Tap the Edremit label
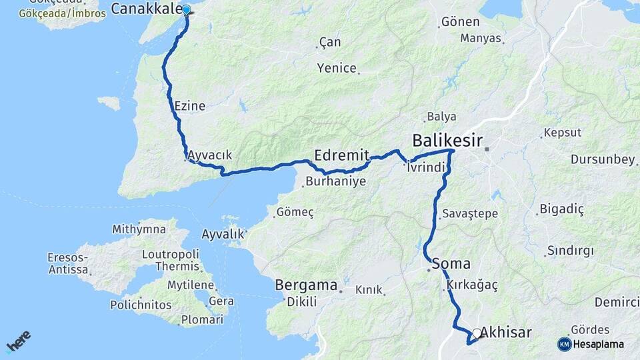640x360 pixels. [341, 154]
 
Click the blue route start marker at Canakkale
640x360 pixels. [187, 10]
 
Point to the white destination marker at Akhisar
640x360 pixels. [477, 333]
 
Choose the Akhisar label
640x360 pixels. [506, 332]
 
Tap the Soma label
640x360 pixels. [451, 263]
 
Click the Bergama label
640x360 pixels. [306, 285]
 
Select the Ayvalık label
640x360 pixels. [223, 235]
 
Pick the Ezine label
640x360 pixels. [189, 106]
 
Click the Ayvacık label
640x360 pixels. [210, 155]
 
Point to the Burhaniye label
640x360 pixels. [335, 181]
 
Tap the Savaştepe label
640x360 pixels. [469, 214]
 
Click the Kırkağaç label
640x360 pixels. [473, 285]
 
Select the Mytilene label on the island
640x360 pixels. [190, 285]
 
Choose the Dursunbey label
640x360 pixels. [602, 159]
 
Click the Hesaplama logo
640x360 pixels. [591, 344]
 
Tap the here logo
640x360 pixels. [19, 341]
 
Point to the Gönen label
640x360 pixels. [461, 22]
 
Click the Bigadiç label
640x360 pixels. [561, 210]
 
